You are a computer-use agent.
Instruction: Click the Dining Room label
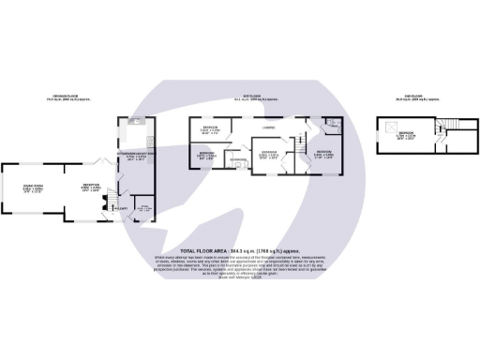33,189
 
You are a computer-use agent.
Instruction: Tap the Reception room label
91,188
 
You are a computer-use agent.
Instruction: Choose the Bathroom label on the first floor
238,161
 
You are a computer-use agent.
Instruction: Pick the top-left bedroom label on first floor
212,129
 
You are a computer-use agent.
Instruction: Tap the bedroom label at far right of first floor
324,154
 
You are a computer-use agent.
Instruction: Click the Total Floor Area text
239,251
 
